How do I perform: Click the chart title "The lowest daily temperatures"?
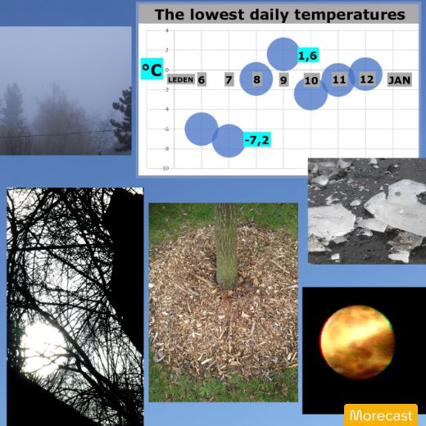(280, 15)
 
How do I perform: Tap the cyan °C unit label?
(152, 69)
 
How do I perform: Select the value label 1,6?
(308, 56)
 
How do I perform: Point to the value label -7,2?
(257, 140)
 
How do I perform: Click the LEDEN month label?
(181, 79)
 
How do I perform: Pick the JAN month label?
(400, 80)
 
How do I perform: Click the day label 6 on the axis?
(202, 79)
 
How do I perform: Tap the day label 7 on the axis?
(229, 79)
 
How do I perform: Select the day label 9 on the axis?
(283, 80)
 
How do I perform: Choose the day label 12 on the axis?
(366, 79)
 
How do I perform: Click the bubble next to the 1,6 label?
(283, 54)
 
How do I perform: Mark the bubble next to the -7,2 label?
(229, 141)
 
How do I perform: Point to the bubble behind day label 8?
(256, 79)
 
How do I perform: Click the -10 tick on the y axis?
(165, 168)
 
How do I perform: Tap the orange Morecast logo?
(381, 415)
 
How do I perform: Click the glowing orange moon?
(357, 342)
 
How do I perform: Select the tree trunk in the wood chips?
(227, 246)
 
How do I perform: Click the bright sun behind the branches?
(43, 347)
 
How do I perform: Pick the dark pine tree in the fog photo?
(122, 120)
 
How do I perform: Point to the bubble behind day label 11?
(338, 79)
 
